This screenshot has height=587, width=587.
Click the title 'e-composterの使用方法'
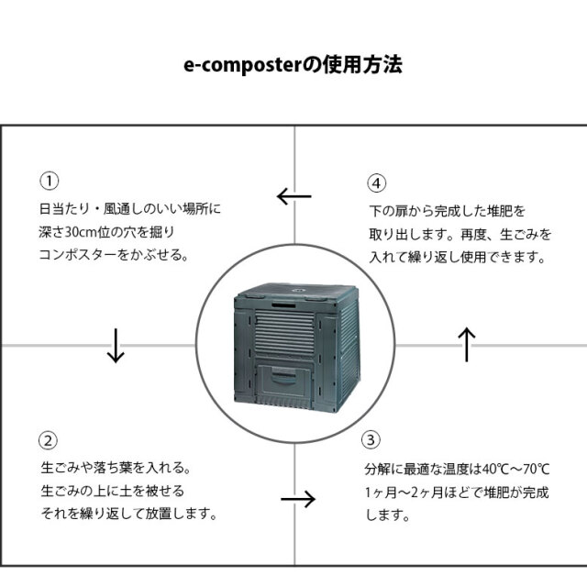click(x=292, y=67)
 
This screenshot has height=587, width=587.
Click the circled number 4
click(x=376, y=181)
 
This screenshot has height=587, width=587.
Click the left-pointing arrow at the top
click(x=294, y=196)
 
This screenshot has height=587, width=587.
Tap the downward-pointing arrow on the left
click(x=116, y=345)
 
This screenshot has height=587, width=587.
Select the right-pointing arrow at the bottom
click(x=297, y=499)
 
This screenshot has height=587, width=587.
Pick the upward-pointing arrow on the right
click(x=466, y=345)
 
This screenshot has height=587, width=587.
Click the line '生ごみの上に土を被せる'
click(x=112, y=490)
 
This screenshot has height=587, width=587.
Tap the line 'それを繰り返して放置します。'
click(x=128, y=514)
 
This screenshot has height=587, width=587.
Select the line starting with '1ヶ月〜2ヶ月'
click(x=455, y=493)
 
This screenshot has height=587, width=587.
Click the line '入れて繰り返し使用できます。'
click(x=459, y=259)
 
